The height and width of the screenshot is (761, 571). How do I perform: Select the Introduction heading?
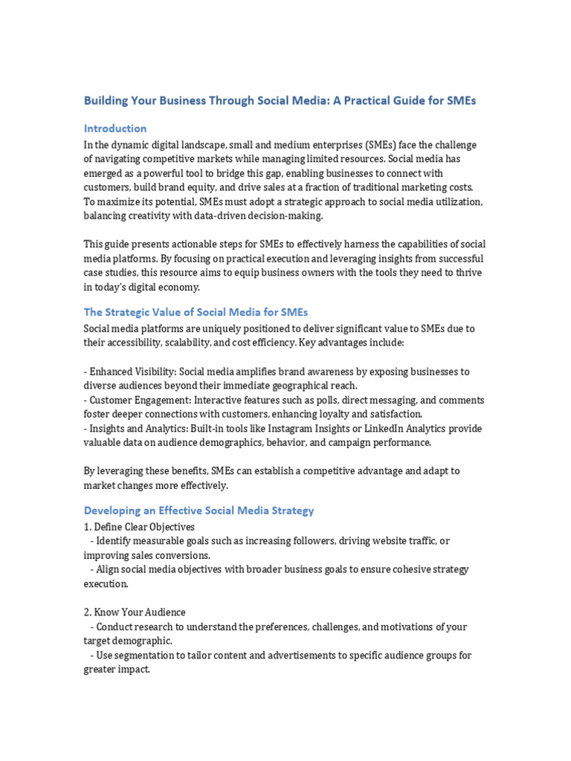pos(115,128)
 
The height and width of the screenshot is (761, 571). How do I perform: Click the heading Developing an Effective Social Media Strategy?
pos(199,511)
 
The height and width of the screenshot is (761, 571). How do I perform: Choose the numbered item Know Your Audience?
pos(135,612)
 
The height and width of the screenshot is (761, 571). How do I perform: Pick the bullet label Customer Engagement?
pos(135,400)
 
